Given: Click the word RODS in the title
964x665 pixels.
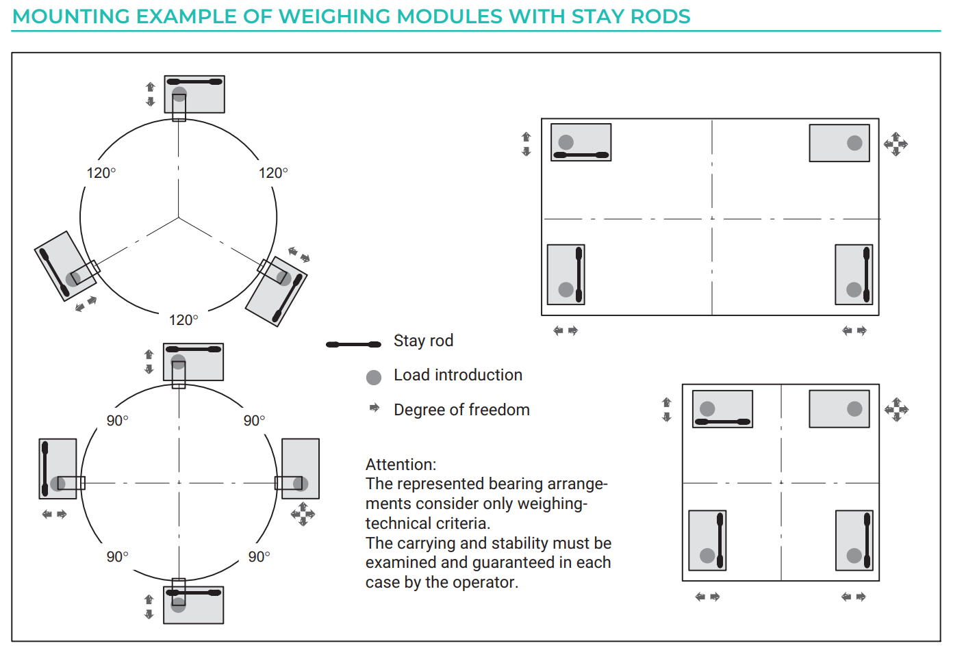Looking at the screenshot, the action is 660,16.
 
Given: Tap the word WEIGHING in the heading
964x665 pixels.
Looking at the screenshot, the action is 335,16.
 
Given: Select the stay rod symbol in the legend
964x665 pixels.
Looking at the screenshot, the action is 353,344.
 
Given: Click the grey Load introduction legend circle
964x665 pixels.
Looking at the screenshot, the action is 374,377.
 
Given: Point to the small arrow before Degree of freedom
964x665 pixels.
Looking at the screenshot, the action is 375,407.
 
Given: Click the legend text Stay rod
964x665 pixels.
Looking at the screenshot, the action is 424,340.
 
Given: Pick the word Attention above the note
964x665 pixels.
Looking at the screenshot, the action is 401,465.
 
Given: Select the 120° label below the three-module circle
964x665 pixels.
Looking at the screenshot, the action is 183,320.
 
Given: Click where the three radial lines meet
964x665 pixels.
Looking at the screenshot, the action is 179,218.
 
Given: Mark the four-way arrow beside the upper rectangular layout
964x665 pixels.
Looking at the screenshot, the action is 896,144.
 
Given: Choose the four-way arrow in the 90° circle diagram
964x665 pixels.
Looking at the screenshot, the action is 303,514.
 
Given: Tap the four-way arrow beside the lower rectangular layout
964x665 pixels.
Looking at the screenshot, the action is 896,410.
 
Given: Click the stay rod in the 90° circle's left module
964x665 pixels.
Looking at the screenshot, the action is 45,469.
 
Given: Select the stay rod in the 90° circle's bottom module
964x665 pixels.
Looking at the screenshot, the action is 194,592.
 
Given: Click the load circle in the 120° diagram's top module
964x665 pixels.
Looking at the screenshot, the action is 179,94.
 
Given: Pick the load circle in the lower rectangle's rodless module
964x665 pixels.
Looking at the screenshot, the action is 854,408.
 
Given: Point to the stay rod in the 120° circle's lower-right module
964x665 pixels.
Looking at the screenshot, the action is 288,298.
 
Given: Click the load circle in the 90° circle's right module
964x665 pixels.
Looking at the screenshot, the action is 301,484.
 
